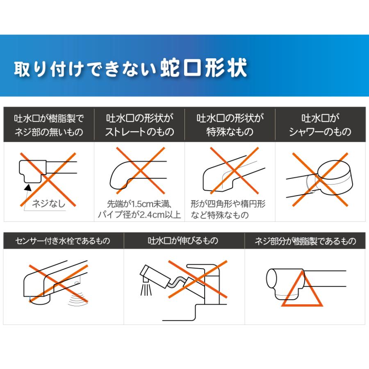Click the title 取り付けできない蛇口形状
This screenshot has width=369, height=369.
click(130, 68)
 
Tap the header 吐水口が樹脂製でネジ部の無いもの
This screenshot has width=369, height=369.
click(49, 125)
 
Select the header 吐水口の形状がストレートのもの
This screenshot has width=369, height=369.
click(139, 125)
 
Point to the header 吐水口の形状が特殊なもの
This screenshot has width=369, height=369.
click(230, 125)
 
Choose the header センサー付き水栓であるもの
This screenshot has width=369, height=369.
click(63, 241)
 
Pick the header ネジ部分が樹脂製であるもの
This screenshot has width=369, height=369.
click(305, 241)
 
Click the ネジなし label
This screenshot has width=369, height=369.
click(48, 203)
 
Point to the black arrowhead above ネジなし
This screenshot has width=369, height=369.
click(28, 187)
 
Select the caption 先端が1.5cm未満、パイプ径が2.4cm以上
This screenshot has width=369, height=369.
click(139, 209)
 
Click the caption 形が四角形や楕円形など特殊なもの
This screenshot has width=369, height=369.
click(228, 209)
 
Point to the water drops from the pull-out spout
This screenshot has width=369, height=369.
click(146, 288)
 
